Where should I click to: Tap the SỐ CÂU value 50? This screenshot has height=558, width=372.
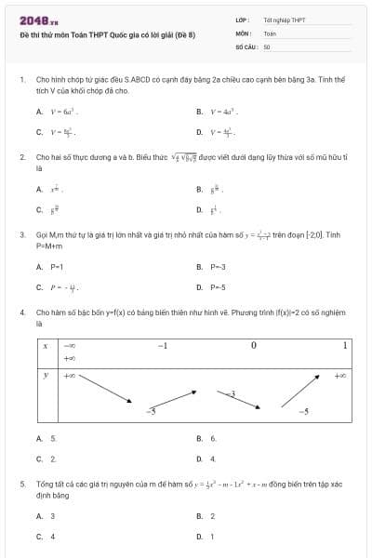[267, 46]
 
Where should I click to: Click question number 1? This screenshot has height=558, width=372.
[21, 80]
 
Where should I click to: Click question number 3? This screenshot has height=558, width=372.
[21, 235]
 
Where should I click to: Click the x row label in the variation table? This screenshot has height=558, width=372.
[46, 346]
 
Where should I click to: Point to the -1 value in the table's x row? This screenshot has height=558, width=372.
[162, 346]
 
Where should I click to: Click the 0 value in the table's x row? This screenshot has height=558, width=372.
[253, 346]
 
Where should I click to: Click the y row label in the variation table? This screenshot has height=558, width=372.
[46, 376]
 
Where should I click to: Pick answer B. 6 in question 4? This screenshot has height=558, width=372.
[207, 438]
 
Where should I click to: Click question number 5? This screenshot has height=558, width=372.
[21, 485]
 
